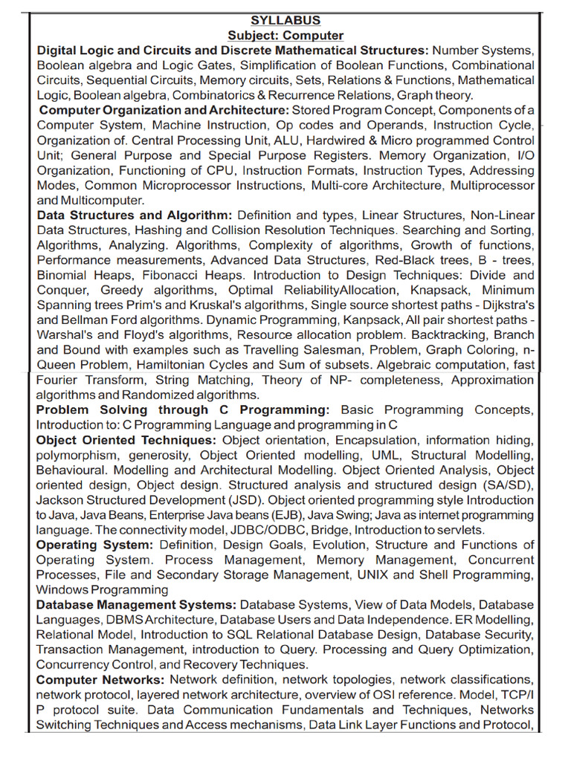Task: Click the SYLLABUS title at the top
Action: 285,21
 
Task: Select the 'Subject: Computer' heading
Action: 285,36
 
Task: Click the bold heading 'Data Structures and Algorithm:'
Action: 135,216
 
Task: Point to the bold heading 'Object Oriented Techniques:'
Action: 126,440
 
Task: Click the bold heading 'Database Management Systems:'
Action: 136,605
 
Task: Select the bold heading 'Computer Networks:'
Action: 100,680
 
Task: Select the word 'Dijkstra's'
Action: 503,305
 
